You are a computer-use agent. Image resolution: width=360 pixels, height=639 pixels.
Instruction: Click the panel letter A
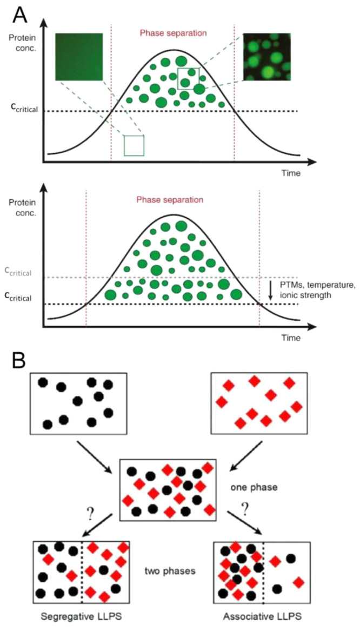point(20,15)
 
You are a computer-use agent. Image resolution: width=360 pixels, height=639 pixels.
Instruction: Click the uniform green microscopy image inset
point(79,56)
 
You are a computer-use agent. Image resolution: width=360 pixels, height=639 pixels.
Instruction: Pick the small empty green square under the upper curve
point(134,145)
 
